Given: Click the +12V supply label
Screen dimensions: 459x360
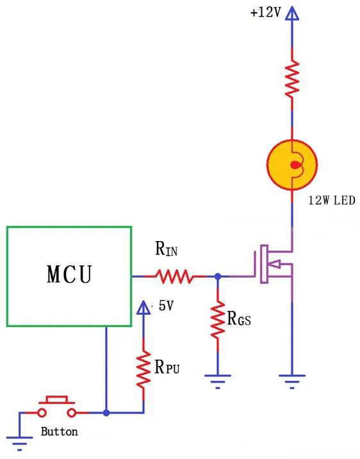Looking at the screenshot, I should pyautogui.click(x=266, y=13).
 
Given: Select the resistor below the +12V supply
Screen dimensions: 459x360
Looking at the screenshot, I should pyautogui.click(x=292, y=78).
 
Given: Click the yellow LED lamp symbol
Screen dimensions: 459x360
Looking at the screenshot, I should pyautogui.click(x=292, y=165).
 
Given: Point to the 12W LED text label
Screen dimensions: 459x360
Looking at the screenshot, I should pyautogui.click(x=331, y=201).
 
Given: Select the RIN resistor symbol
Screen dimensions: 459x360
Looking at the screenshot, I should pyautogui.click(x=174, y=276).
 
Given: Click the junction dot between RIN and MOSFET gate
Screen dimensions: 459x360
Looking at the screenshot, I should pyautogui.click(x=218, y=276).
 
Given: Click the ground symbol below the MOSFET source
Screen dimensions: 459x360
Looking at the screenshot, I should pyautogui.click(x=292, y=380).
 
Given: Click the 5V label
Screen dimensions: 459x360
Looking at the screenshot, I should pyautogui.click(x=165, y=306).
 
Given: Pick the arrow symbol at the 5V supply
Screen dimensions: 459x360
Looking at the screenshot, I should pyautogui.click(x=143, y=309).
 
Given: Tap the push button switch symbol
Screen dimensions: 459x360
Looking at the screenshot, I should pyautogui.click(x=57, y=408).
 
